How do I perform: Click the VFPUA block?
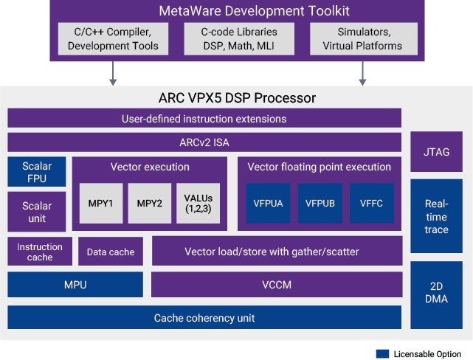tap(268, 203)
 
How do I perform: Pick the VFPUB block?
tap(320, 203)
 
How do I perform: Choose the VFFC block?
tap(371, 203)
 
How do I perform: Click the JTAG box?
tap(437, 152)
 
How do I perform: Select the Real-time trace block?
tap(437, 215)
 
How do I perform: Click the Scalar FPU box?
tap(36, 172)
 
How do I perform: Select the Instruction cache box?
tap(40, 252)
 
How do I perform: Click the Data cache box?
tap(111, 252)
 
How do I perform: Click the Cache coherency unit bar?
tap(204, 318)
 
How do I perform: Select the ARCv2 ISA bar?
tap(204, 142)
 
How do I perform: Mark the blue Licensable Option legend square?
tap(382, 353)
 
